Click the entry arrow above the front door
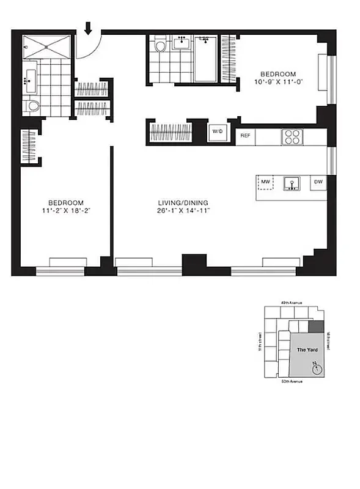click(x=88, y=28)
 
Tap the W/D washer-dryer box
click(x=217, y=131)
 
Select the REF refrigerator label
click(x=245, y=136)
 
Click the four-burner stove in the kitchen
click(x=291, y=137)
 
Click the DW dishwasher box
click(x=318, y=182)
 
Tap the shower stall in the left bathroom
click(x=46, y=48)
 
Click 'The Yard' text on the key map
click(x=305, y=350)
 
